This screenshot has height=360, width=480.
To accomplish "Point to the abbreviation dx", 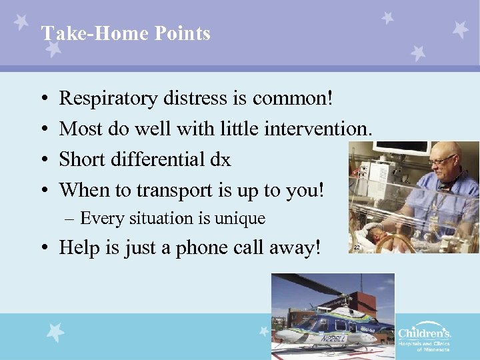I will [219, 159].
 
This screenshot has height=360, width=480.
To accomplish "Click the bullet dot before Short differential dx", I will [43, 161].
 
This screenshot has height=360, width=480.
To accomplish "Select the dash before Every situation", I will [69, 219].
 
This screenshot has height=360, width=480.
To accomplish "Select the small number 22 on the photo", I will [357, 247].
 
